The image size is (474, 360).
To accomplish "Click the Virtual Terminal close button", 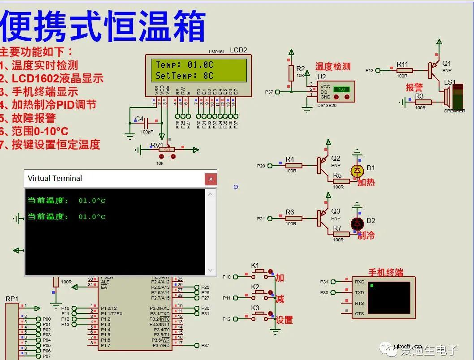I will pos(211,179).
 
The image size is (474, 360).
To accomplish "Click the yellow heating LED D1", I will pos(357,170).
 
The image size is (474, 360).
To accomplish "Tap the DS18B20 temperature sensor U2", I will pos(336,92).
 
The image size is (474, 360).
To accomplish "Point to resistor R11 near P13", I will pos(405,70).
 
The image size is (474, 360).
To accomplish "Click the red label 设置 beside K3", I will pos(284,320).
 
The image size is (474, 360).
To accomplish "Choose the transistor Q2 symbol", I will pos(323,165).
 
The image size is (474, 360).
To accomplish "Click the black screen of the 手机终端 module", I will pos(388,297).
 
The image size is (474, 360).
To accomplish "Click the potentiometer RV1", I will pos(167,150).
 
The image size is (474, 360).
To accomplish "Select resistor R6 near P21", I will pos(293,219).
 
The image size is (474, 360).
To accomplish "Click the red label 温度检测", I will pos(332,67).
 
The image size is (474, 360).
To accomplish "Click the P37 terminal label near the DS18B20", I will pos(269,92).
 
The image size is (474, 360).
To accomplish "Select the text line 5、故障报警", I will pos(28,118).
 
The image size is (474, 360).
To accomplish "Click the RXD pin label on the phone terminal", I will pos(359,282).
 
